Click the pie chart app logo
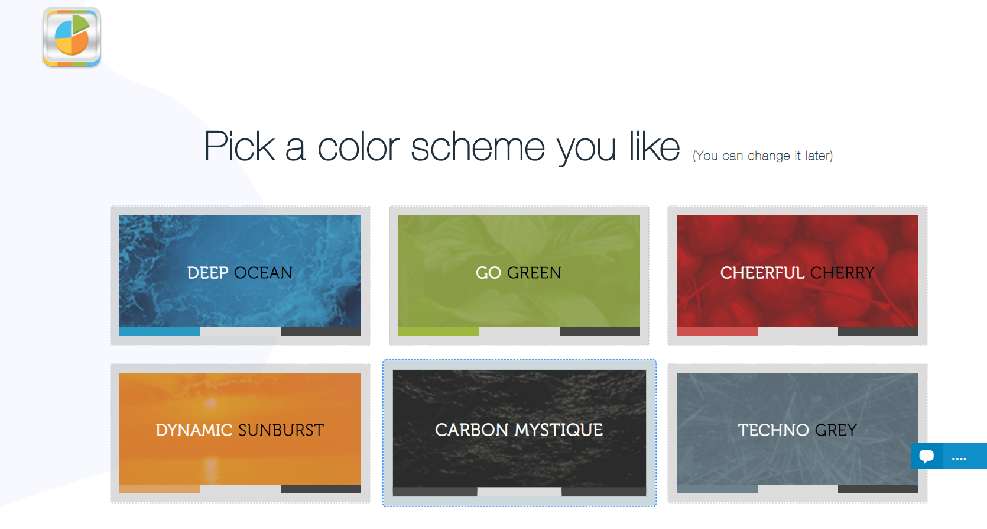72,37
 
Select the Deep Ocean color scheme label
240,273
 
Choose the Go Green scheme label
518,273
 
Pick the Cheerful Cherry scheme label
797,273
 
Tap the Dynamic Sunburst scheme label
240,430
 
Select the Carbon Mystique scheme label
518,430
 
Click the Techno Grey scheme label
797,430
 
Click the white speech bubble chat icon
926,456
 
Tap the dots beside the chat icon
959,459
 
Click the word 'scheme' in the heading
478,147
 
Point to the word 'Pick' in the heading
239,146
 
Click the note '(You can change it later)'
763,156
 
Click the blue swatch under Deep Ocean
160,332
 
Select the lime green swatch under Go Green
439,332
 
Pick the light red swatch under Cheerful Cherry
717,332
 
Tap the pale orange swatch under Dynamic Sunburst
160,489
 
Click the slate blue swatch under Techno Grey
717,489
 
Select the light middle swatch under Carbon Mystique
519,492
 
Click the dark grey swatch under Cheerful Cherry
878,332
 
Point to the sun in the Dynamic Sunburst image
211,403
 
